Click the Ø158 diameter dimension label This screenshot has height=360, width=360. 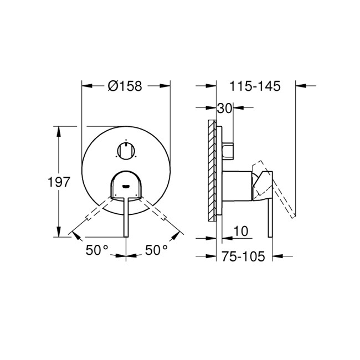(125, 86)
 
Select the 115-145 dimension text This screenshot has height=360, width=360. (254, 86)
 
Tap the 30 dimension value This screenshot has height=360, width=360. (224, 109)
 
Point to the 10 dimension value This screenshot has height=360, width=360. (240, 229)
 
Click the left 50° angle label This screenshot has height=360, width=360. (97, 250)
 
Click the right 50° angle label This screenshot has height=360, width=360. (156, 250)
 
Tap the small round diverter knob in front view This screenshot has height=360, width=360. (126, 150)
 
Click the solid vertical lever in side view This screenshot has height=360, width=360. (270, 216)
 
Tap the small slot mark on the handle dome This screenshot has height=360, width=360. (126, 187)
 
